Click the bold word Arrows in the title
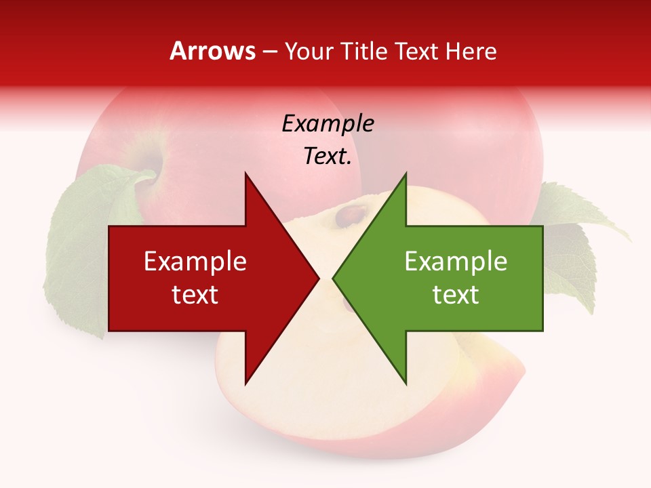[x=212, y=51]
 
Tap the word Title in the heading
[x=361, y=52]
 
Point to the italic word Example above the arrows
[x=328, y=123]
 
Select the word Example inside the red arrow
[x=195, y=262]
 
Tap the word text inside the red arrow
[x=195, y=294]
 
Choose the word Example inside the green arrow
[x=456, y=262]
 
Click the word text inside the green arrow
[x=456, y=294]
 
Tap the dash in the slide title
[x=269, y=52]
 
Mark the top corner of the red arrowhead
[x=245, y=174]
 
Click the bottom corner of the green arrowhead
[x=406, y=384]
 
